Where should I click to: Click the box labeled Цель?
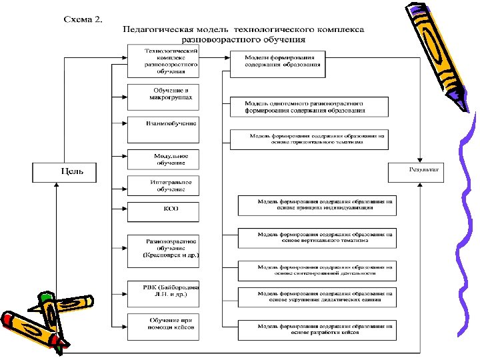(x=64, y=171)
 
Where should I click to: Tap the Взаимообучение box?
(x=163, y=123)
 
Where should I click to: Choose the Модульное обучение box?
(x=163, y=159)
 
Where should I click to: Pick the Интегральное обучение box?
(x=163, y=185)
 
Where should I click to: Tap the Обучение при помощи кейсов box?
(x=163, y=327)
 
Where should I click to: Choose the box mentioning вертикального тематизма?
(x=317, y=238)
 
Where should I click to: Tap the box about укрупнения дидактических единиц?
(x=317, y=297)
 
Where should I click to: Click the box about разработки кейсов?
(x=317, y=329)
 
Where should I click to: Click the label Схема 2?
(x=83, y=19)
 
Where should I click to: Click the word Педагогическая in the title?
(x=155, y=30)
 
